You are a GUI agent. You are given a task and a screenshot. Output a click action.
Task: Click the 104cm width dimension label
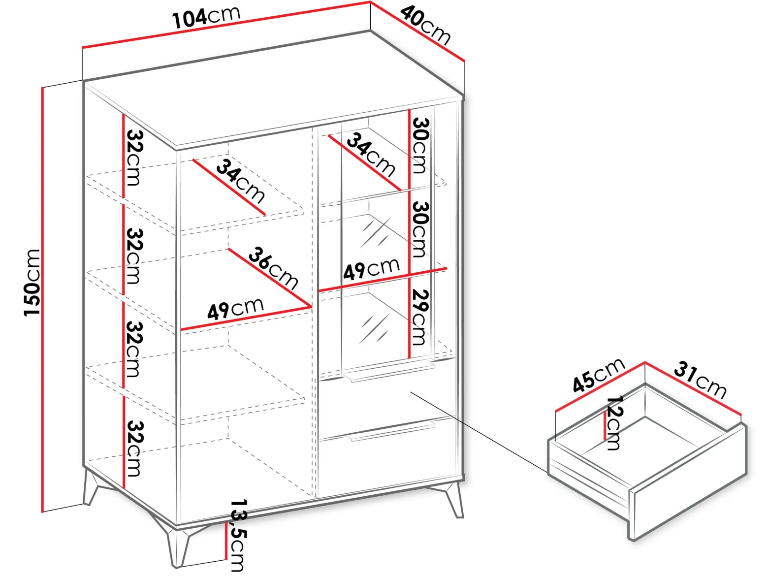tap(206, 18)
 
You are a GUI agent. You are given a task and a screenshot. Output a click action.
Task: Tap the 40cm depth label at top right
tap(425, 25)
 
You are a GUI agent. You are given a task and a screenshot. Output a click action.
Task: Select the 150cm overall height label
tap(32, 283)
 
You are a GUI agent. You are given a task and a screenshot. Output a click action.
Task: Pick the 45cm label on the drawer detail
tap(598, 375)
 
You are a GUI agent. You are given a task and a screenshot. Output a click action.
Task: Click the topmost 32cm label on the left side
tap(133, 158)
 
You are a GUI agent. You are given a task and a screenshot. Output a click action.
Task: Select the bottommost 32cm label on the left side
tap(133, 448)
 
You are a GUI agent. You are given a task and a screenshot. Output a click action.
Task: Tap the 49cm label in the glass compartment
tap(371, 269)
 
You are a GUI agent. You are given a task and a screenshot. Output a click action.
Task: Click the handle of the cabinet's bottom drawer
tap(392, 432)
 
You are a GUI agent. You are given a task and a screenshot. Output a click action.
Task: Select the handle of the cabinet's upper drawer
tap(388, 372)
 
